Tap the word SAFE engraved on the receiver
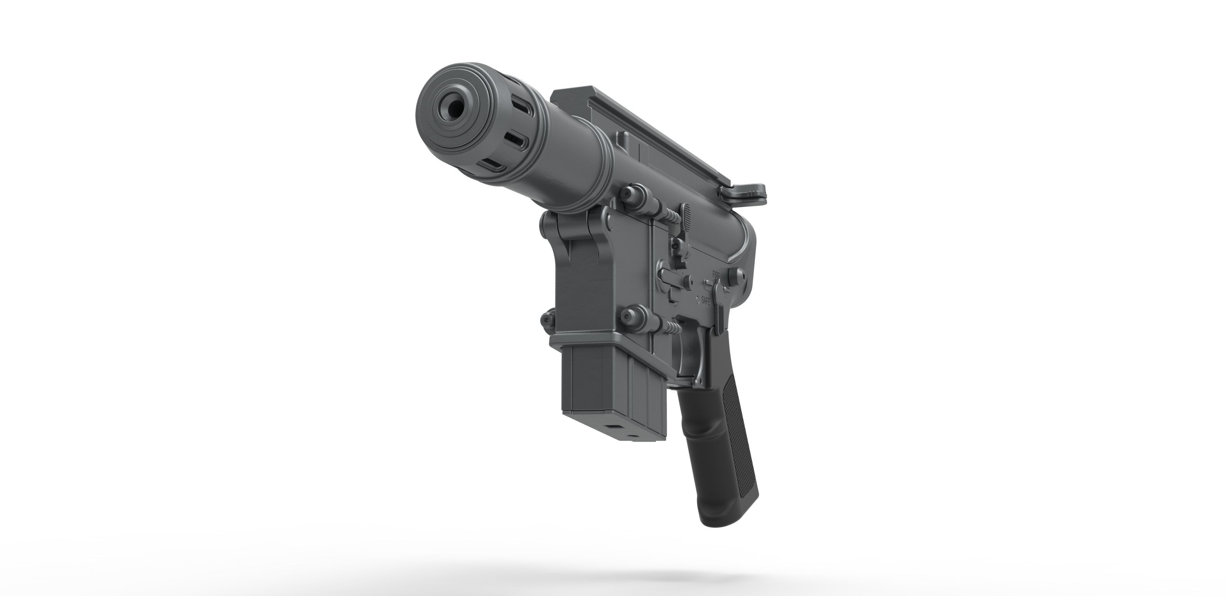pos(705,301)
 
